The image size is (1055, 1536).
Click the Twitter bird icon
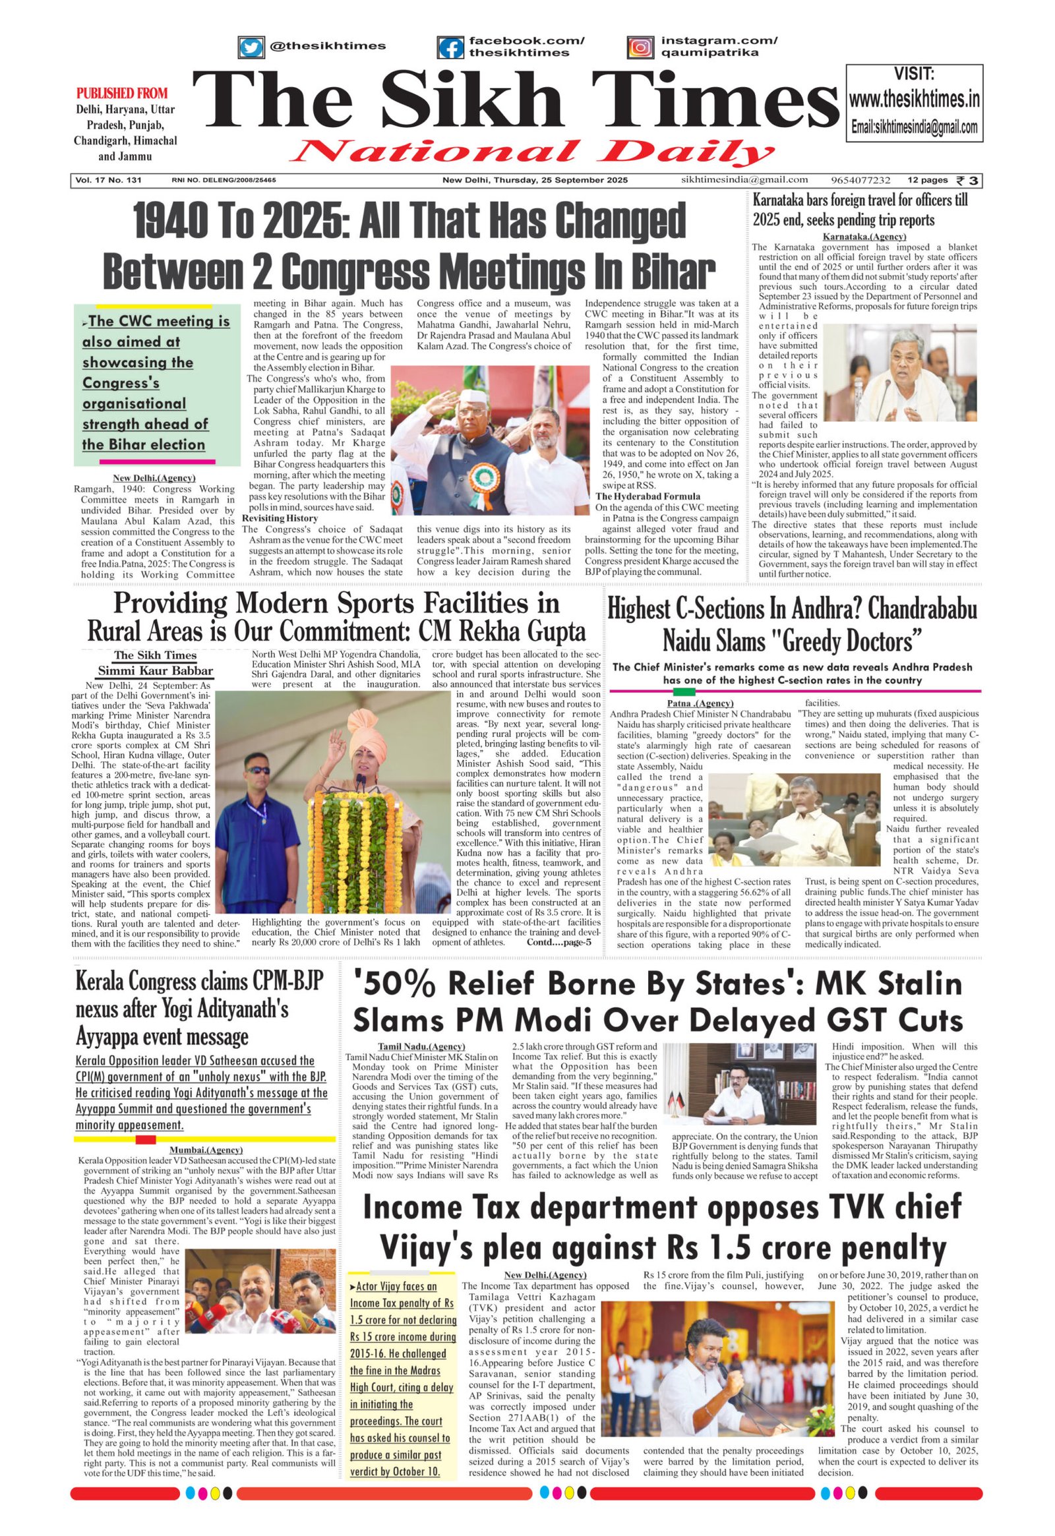click(251, 47)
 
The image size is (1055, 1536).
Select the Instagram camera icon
click(639, 47)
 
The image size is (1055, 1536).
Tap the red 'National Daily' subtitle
click(531, 153)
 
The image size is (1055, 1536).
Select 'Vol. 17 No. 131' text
click(109, 180)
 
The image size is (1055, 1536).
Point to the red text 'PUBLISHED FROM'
click(122, 93)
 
